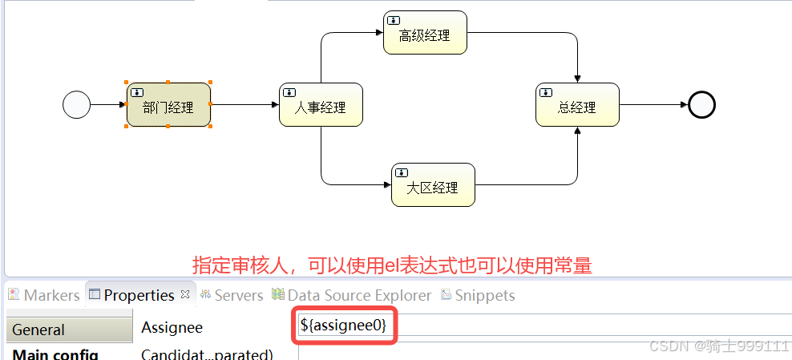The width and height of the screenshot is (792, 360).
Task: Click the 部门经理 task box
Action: click(168, 104)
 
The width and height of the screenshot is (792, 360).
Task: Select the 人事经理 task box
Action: click(321, 104)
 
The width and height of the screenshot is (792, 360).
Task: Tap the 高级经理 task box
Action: click(425, 33)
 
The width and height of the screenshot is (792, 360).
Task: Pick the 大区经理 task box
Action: click(433, 185)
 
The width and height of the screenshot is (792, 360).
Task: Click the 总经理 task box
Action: click(577, 104)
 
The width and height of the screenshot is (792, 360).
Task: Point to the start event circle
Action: click(77, 104)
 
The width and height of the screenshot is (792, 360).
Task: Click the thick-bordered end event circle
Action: click(701, 104)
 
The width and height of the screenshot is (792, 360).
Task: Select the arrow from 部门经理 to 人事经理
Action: click(244, 104)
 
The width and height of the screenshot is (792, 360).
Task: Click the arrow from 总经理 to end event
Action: click(653, 104)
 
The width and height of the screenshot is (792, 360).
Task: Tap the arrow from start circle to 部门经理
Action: click(108, 104)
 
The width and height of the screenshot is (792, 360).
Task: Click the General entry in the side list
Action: click(68, 330)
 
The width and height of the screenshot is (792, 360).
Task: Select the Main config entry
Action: click(55, 354)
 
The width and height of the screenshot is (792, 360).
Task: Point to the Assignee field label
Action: click(172, 327)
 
